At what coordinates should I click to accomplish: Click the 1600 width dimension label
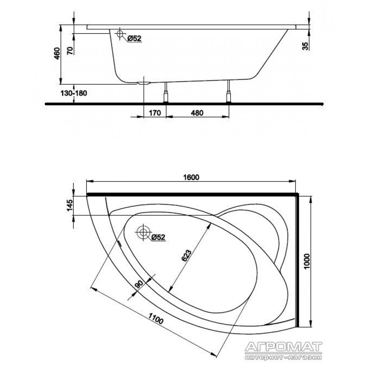[x=191, y=177]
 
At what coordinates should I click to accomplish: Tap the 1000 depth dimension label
[x=307, y=262]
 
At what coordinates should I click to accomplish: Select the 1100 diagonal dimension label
[x=156, y=319]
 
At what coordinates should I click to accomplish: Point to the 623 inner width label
[x=187, y=256]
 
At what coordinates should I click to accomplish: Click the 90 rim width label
[x=139, y=284]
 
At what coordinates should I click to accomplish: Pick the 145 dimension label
[x=69, y=205]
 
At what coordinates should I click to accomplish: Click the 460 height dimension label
[x=57, y=53]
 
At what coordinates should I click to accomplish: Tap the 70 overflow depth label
[x=70, y=51]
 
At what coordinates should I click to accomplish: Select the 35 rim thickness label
[x=305, y=46]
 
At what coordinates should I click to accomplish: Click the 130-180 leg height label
[x=74, y=93]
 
